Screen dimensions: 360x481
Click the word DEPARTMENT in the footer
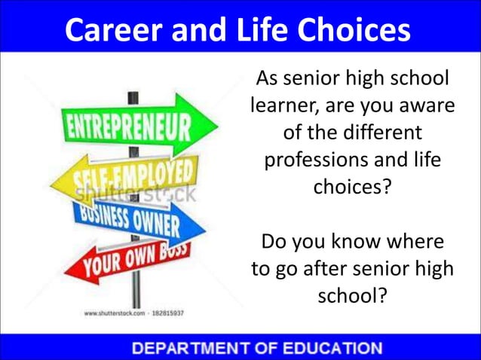tap(188, 348)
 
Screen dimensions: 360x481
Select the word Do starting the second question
tap(273, 243)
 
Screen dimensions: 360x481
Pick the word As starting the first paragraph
tap(267, 78)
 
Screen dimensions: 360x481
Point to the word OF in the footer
tap(261, 348)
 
